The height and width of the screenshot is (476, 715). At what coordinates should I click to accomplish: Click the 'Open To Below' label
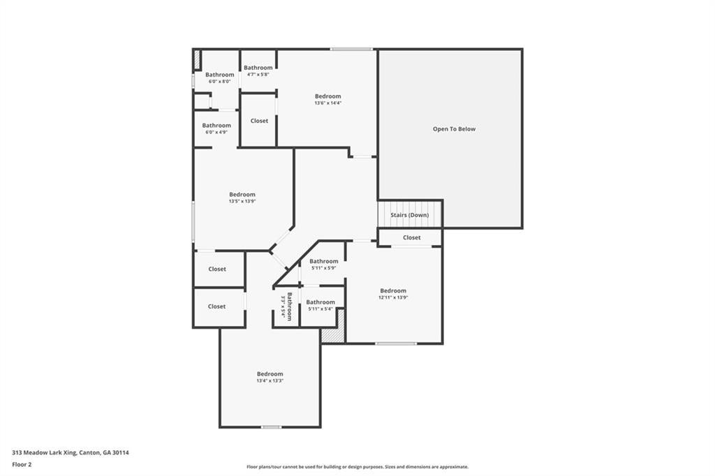(454, 129)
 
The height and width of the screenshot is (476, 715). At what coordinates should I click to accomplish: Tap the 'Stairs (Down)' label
(410, 215)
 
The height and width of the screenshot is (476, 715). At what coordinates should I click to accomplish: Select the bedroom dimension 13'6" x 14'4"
(327, 103)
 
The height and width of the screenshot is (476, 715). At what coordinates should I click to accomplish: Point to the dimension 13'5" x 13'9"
(242, 202)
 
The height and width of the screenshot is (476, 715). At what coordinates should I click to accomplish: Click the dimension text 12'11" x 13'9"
(393, 297)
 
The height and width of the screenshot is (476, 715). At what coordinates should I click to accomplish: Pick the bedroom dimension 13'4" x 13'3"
(270, 381)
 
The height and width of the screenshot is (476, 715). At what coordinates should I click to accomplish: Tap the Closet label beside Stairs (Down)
(412, 237)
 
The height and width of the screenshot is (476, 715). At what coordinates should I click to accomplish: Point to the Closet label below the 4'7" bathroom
(259, 121)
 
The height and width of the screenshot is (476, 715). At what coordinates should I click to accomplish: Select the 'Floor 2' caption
(22, 464)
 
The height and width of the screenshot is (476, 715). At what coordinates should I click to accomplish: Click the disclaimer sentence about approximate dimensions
(357, 467)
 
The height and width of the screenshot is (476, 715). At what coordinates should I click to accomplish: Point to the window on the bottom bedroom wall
(272, 426)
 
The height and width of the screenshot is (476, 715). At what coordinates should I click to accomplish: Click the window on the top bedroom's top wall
(351, 49)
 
